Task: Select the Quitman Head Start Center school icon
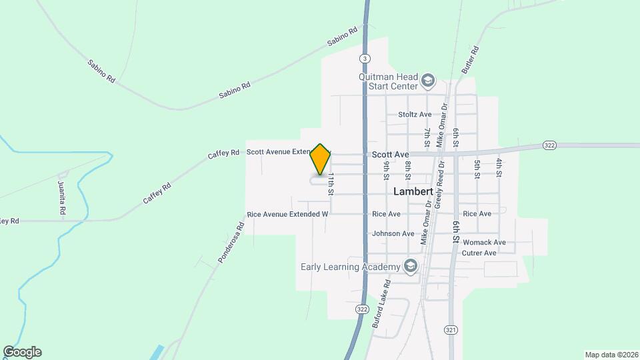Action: (428, 82)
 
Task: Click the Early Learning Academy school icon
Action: (411, 267)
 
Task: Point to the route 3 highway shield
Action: (364, 59)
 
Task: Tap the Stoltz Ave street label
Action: (415, 115)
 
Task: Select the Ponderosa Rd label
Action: (231, 241)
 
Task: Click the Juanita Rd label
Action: (62, 197)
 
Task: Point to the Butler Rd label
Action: (470, 59)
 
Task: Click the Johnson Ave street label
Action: (393, 234)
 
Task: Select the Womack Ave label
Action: (484, 243)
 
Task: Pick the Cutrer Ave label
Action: (479, 253)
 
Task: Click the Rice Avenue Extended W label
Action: (287, 215)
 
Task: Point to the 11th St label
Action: (331, 184)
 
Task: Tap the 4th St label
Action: (498, 167)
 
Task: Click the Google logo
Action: (22, 352)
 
